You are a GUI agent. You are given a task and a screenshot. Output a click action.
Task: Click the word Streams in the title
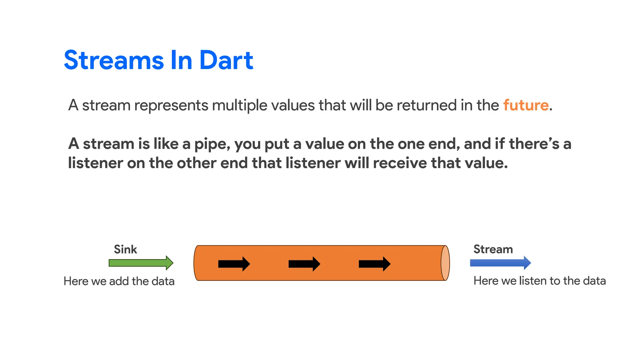point(114,60)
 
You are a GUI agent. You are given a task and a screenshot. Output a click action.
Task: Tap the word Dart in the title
point(226,60)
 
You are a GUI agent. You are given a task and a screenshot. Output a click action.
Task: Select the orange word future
point(526,105)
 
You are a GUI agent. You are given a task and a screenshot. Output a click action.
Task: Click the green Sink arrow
point(141,263)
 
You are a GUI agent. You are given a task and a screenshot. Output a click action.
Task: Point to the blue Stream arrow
point(500,263)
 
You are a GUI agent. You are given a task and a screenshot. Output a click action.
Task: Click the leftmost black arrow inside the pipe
point(234,264)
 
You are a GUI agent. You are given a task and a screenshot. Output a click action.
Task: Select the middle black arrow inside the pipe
point(304,264)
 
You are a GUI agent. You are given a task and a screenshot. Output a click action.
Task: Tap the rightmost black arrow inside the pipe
point(374,264)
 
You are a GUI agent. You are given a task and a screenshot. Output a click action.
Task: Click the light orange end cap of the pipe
point(445,263)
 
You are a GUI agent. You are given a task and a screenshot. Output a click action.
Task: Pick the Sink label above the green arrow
point(125,249)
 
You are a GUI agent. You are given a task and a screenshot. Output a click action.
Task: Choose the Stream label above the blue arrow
point(493,249)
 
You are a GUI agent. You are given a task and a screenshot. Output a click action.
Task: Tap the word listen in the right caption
point(533,281)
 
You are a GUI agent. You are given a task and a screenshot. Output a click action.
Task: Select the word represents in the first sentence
point(171,106)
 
